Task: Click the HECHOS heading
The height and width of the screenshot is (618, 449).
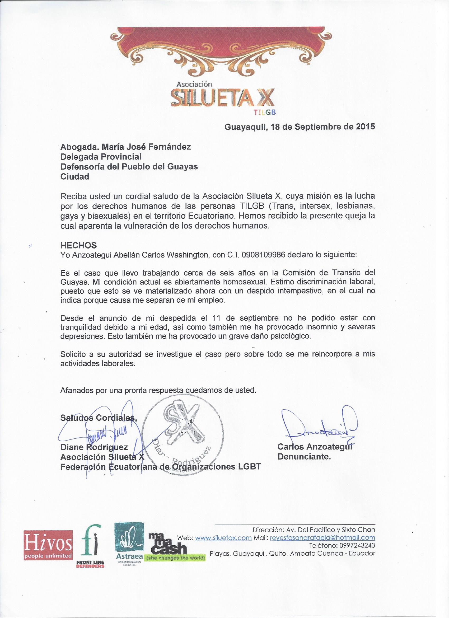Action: (x=78, y=245)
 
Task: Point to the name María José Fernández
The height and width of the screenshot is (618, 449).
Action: (x=143, y=147)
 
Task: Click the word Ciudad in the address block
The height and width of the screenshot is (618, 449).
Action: (x=75, y=177)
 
